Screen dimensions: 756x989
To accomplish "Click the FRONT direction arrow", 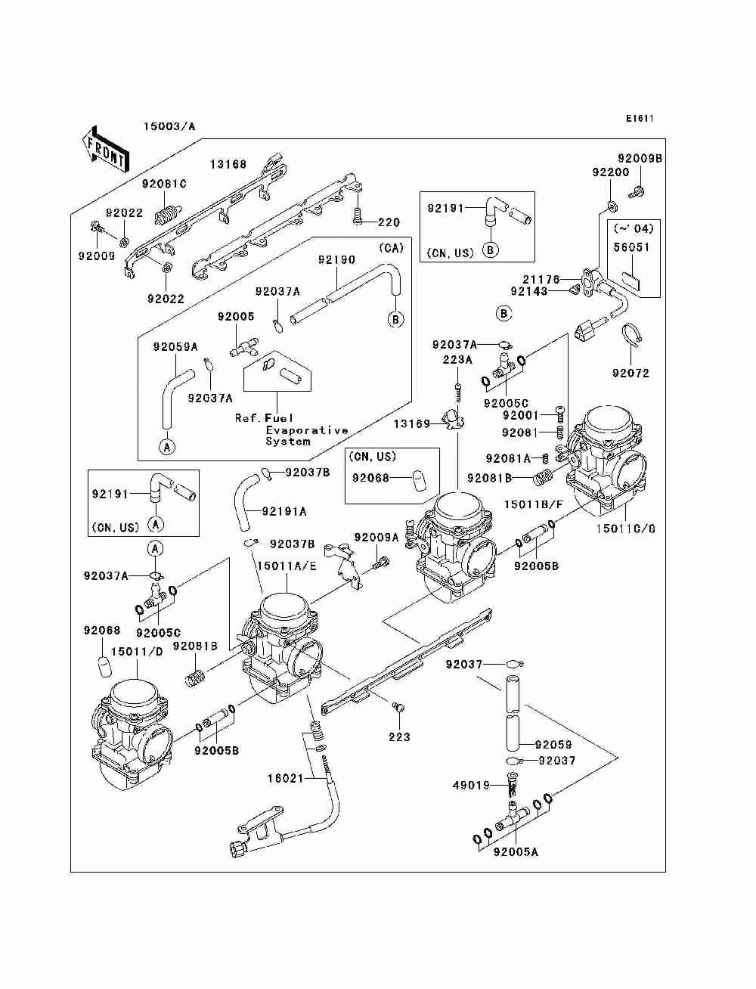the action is pyautogui.click(x=105, y=149).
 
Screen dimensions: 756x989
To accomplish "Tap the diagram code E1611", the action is pyautogui.click(x=640, y=119).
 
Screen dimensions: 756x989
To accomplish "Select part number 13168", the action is pyautogui.click(x=228, y=165).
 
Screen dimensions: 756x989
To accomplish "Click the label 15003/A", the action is pyautogui.click(x=169, y=126).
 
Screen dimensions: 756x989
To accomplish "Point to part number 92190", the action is pyautogui.click(x=336, y=260).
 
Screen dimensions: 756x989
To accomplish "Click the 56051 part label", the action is pyautogui.click(x=632, y=247).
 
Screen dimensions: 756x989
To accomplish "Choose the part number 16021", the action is pyautogui.click(x=285, y=778).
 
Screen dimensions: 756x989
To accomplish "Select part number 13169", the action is pyautogui.click(x=412, y=424).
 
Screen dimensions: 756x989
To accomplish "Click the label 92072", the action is pyautogui.click(x=631, y=373).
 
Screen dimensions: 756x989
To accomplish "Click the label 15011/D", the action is pyautogui.click(x=137, y=652).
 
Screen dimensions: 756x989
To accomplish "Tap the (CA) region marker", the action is pyautogui.click(x=391, y=247).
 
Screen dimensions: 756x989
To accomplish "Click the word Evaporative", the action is pyautogui.click(x=307, y=430).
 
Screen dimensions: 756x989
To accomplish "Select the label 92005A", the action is pyautogui.click(x=516, y=852).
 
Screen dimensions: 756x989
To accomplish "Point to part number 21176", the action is pyautogui.click(x=541, y=280).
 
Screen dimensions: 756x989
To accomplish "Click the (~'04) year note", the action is pyautogui.click(x=634, y=229).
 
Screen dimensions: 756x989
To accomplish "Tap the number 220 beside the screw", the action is pyautogui.click(x=389, y=222).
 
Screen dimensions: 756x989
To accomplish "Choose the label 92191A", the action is pyautogui.click(x=284, y=511).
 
